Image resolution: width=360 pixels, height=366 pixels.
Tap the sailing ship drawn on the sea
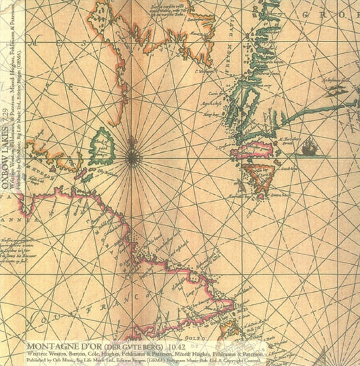tap(310, 145)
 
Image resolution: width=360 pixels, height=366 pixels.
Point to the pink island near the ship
tap(253, 150)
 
